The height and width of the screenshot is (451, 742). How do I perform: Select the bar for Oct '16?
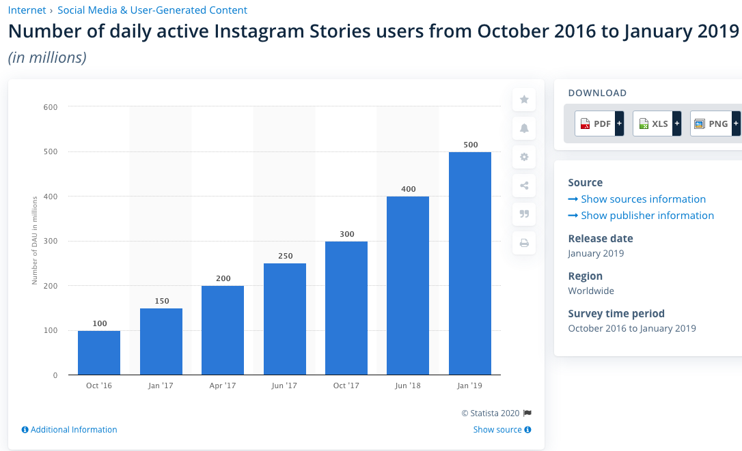pyautogui.click(x=99, y=353)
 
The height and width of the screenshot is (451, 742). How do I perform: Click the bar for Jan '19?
pyautogui.click(x=469, y=263)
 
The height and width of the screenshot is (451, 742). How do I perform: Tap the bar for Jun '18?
pyautogui.click(x=408, y=285)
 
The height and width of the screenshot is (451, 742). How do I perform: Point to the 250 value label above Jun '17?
pyautogui.click(x=285, y=256)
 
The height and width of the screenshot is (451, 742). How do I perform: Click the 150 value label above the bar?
pyautogui.click(x=161, y=301)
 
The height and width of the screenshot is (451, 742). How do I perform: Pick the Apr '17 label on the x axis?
pyautogui.click(x=222, y=385)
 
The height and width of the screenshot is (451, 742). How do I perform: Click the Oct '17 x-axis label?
pyautogui.click(x=346, y=385)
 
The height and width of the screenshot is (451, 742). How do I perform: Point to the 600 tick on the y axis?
pyautogui.click(x=51, y=107)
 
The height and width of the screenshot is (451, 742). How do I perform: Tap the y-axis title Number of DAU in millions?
pyautogui.click(x=34, y=239)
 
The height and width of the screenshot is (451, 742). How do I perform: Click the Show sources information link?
pyautogui.click(x=642, y=199)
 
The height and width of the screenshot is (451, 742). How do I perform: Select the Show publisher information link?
pyautogui.click(x=646, y=216)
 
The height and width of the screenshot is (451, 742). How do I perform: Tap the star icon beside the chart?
pyautogui.click(x=524, y=100)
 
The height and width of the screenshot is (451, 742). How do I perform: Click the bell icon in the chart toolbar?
pyautogui.click(x=524, y=128)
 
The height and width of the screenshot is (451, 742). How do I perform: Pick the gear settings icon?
pyautogui.click(x=524, y=157)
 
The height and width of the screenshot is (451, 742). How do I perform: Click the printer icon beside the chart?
pyautogui.click(x=524, y=242)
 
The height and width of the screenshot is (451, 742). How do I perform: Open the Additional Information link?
pyautogui.click(x=73, y=430)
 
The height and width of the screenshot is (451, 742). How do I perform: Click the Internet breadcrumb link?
pyautogui.click(x=27, y=10)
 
